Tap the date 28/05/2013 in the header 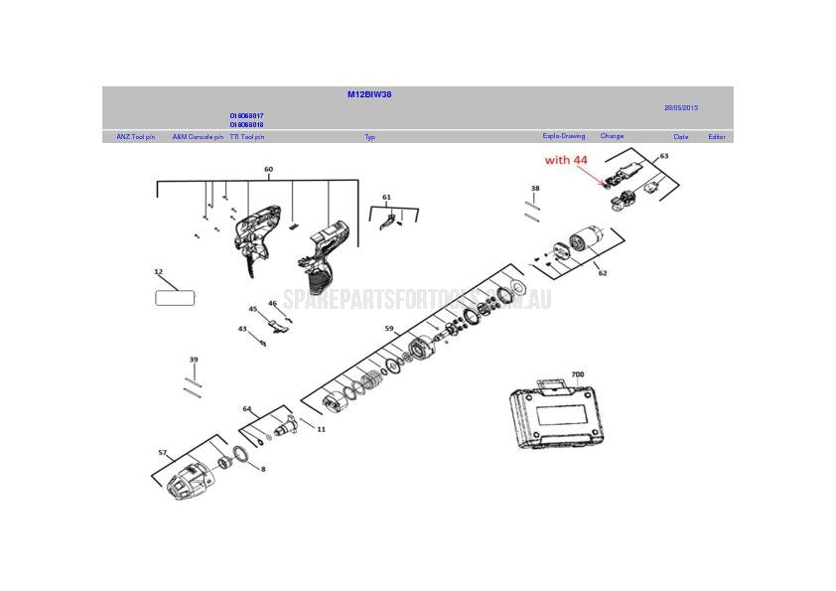pyautogui.click(x=681, y=107)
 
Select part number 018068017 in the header pyautogui.click(x=246, y=116)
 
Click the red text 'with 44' pyautogui.click(x=566, y=159)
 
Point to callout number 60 pyautogui.click(x=268, y=170)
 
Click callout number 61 pyautogui.click(x=386, y=198)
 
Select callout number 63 pyautogui.click(x=663, y=156)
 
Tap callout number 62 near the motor pyautogui.click(x=602, y=273)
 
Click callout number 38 pyautogui.click(x=535, y=188)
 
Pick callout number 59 pyautogui.click(x=389, y=329)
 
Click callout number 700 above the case pyautogui.click(x=578, y=375)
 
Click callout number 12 pyautogui.click(x=158, y=271)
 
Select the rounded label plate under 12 pyautogui.click(x=176, y=296)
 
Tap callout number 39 pyautogui.click(x=194, y=360)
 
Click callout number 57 pyautogui.click(x=162, y=452)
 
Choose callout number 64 pyautogui.click(x=247, y=408)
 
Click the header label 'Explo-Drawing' pyautogui.click(x=563, y=136)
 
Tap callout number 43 pyautogui.click(x=241, y=329)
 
